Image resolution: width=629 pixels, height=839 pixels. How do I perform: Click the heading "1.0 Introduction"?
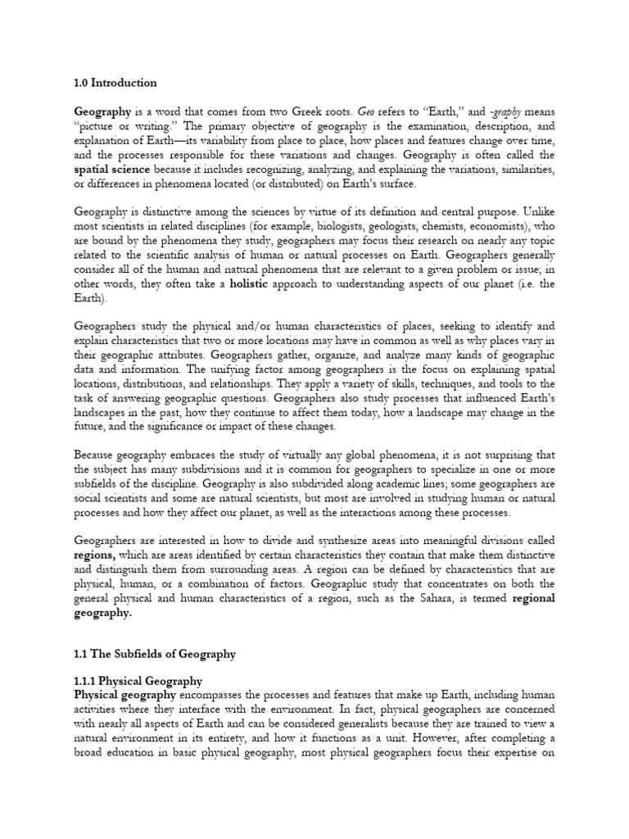pos(115,83)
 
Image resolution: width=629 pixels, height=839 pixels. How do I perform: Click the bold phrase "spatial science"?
pos(113,169)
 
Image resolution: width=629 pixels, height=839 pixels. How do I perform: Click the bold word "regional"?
pos(533,598)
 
